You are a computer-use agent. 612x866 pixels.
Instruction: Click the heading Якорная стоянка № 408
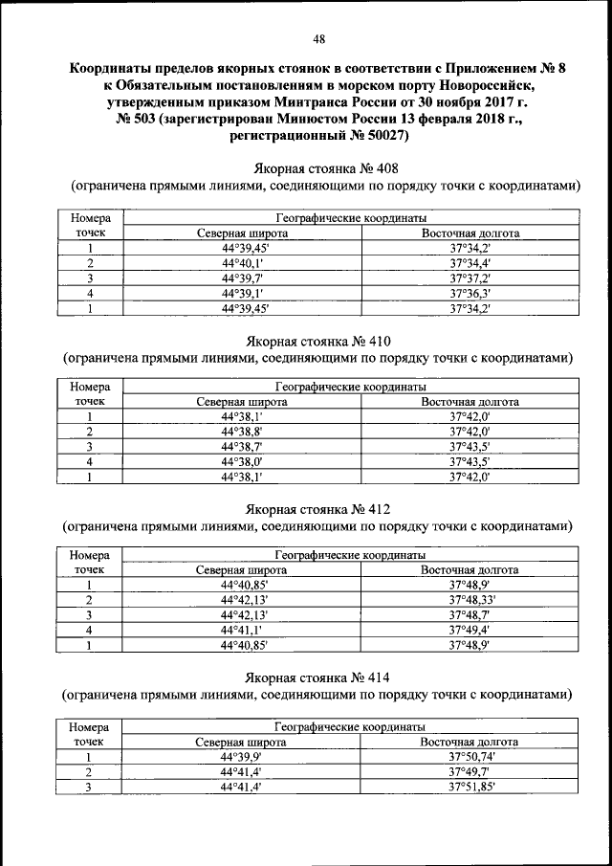pyautogui.click(x=319, y=166)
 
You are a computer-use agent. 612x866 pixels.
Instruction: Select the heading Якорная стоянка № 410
pyautogui.click(x=319, y=341)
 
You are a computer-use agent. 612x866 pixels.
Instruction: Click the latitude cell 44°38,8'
pyautogui.click(x=242, y=432)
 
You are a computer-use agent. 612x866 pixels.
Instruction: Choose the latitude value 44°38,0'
pyautogui.click(x=242, y=461)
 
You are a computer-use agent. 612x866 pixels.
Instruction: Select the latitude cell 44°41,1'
pyautogui.click(x=242, y=630)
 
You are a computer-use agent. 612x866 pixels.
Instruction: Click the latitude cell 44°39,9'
pyautogui.click(x=242, y=756)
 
